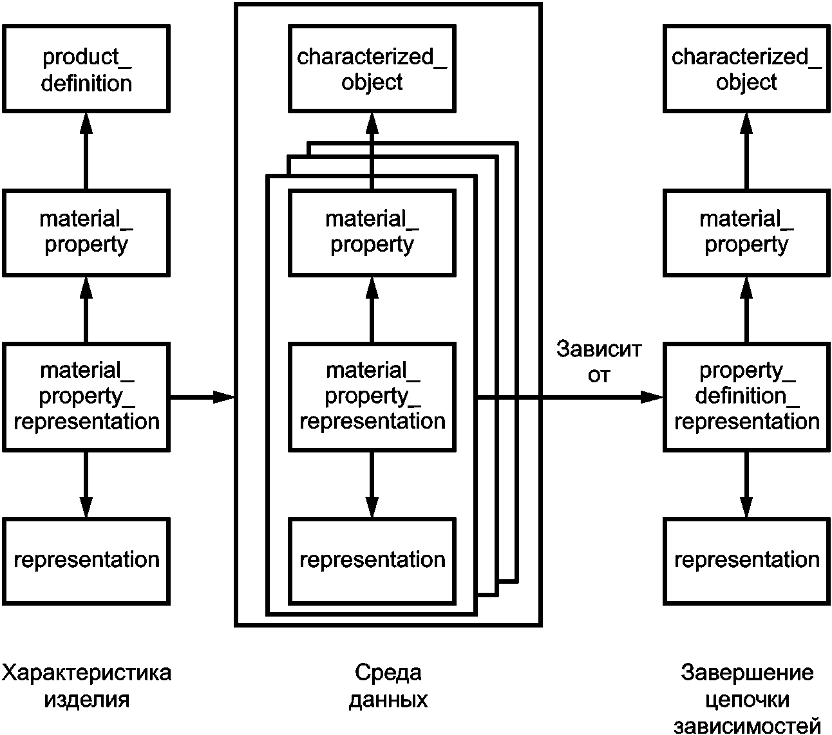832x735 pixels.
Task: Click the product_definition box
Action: click(x=86, y=68)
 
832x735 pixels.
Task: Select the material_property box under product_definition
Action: click(x=86, y=233)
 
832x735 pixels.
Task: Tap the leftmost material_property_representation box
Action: click(x=86, y=397)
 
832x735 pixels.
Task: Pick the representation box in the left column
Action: click(x=86, y=561)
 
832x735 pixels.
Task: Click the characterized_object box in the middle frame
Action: click(x=372, y=68)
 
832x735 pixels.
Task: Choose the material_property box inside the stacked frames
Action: click(x=372, y=233)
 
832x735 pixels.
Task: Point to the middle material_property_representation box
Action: click(x=372, y=397)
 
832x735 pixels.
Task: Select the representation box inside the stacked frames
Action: click(x=372, y=561)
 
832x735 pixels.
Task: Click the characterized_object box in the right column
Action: click(x=746, y=68)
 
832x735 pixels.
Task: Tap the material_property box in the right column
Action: click(x=746, y=233)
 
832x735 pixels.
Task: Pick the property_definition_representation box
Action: click(x=746, y=397)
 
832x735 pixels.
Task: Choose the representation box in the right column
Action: click(x=746, y=561)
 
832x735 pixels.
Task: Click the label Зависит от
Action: click(x=599, y=362)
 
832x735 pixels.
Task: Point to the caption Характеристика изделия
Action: click(x=86, y=686)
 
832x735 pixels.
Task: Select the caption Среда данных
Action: click(x=388, y=686)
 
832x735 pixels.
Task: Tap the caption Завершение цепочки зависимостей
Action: click(x=747, y=698)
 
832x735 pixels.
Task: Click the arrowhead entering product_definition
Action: click(x=86, y=123)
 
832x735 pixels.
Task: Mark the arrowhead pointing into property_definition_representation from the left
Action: click(x=652, y=397)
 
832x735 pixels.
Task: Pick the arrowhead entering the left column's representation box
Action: click(x=86, y=507)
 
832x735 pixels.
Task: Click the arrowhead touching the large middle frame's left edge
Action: click(x=224, y=397)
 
